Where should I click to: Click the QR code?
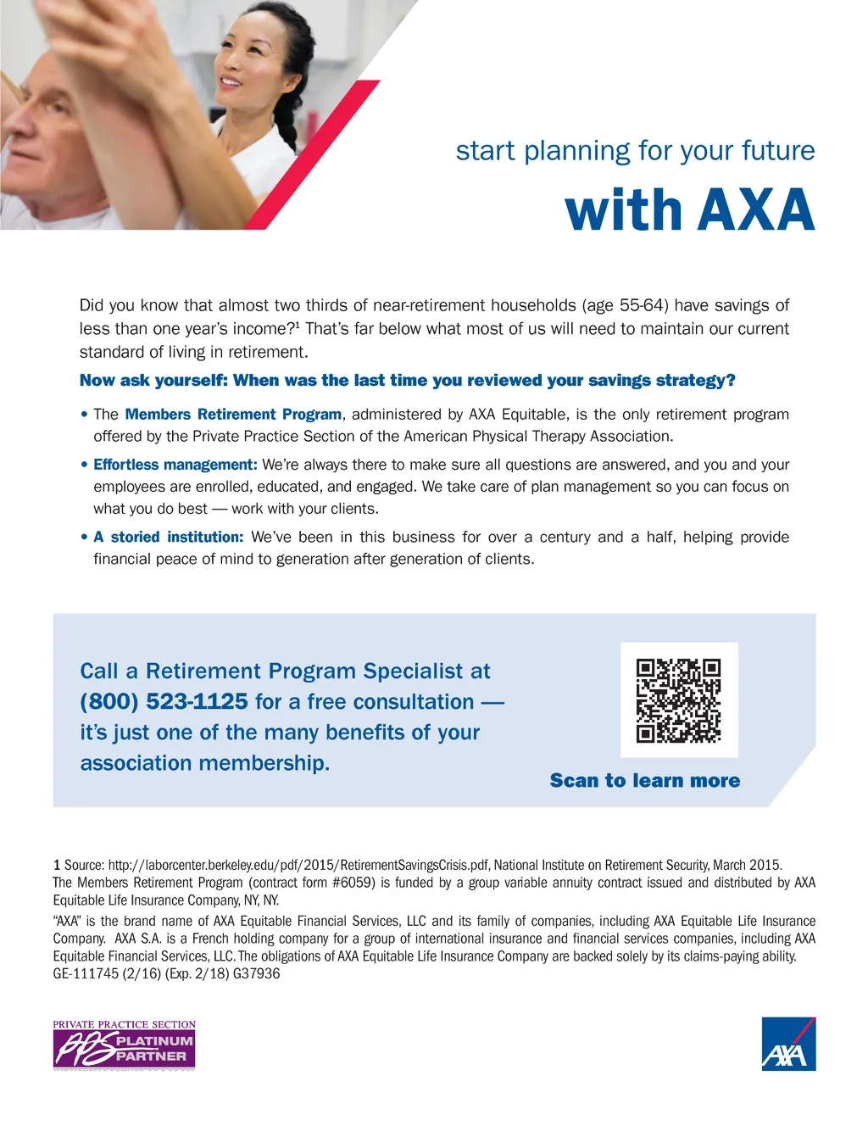pos(678,700)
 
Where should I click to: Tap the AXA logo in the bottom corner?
pos(788,1044)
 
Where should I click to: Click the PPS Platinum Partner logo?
pos(124,1045)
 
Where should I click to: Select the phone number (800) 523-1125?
pos(164,702)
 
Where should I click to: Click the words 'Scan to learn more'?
pos(644,781)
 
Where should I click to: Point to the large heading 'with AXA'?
pos(689,210)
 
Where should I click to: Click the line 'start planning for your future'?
pos(635,151)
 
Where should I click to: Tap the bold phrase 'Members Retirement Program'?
pos(233,415)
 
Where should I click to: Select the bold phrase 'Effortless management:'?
pos(175,465)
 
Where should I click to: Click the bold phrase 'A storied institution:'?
pos(168,538)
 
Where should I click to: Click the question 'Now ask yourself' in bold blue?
pos(407,381)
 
